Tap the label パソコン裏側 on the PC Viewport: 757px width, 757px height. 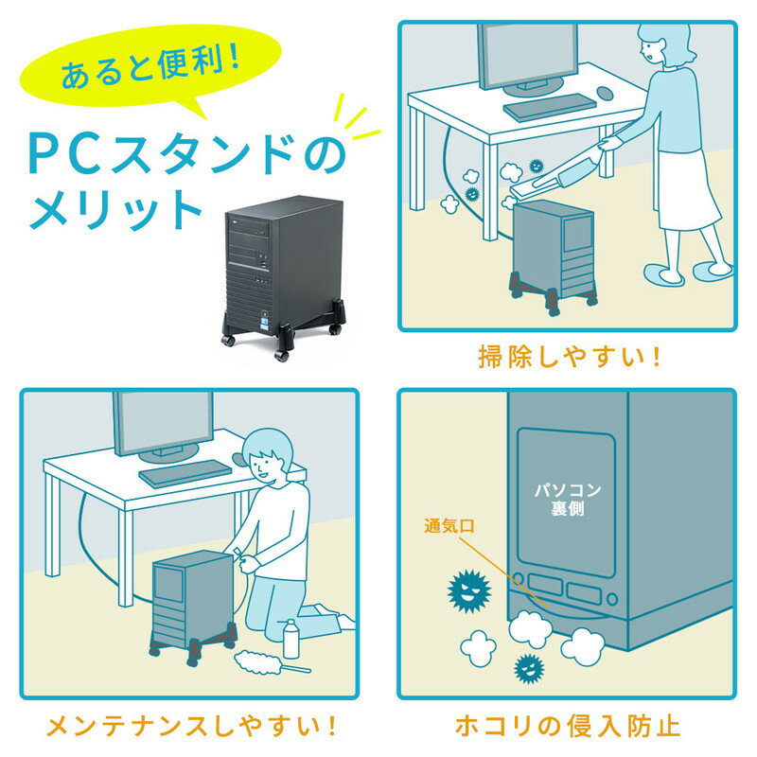click(565, 499)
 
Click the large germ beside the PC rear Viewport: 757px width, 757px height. click(468, 592)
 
